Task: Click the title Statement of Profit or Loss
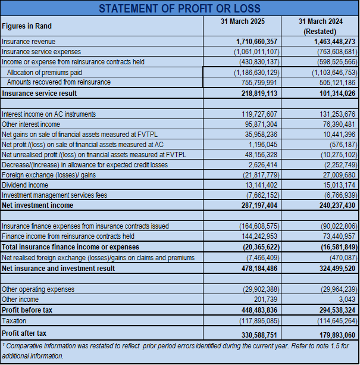coord(180,8)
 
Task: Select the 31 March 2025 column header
coord(242,21)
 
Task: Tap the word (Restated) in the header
coord(321,31)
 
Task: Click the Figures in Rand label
coord(27,26)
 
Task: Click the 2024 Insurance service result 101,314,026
coord(334,93)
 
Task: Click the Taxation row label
coord(15,320)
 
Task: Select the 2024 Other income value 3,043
coord(346,300)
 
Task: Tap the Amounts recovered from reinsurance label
coord(59,82)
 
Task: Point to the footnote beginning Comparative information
coord(179,350)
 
